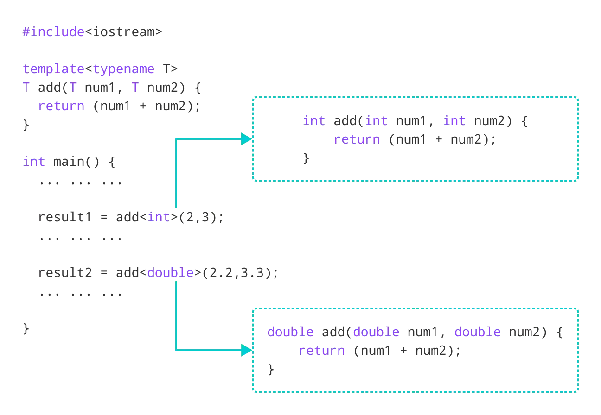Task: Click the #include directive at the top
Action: click(53, 31)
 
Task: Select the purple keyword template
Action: click(53, 69)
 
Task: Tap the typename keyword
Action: click(124, 69)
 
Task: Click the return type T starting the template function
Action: click(26, 87)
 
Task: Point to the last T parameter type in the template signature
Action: click(135, 87)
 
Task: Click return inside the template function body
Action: click(61, 106)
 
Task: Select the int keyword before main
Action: click(33, 162)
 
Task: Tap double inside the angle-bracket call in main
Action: click(170, 273)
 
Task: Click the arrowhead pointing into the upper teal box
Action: click(247, 139)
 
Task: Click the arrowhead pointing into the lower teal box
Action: click(247, 350)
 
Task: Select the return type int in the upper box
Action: click(313, 121)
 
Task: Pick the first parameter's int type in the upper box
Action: click(376, 121)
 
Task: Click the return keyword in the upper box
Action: click(357, 139)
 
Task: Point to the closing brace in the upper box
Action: click(305, 160)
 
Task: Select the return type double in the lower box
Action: click(291, 332)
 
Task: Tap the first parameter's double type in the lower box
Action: click(376, 332)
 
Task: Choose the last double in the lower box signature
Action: click(477, 332)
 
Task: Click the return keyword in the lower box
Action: click(321, 350)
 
